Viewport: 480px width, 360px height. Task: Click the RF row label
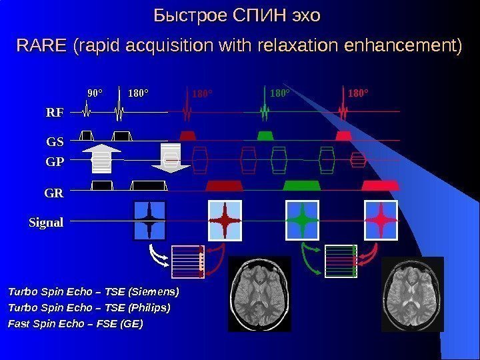point(54,113)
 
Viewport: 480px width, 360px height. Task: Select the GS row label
point(55,141)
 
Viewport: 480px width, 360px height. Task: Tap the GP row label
point(55,161)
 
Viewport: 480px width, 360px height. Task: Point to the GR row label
point(54,193)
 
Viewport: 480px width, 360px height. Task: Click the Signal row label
point(45,222)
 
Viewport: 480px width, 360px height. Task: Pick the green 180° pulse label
point(280,93)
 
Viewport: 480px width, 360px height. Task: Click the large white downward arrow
point(171,158)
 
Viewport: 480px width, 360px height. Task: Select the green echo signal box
point(303,219)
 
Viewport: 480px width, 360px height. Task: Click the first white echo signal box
point(151,219)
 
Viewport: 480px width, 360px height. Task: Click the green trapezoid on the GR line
point(303,185)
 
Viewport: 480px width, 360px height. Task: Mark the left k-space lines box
point(187,261)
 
